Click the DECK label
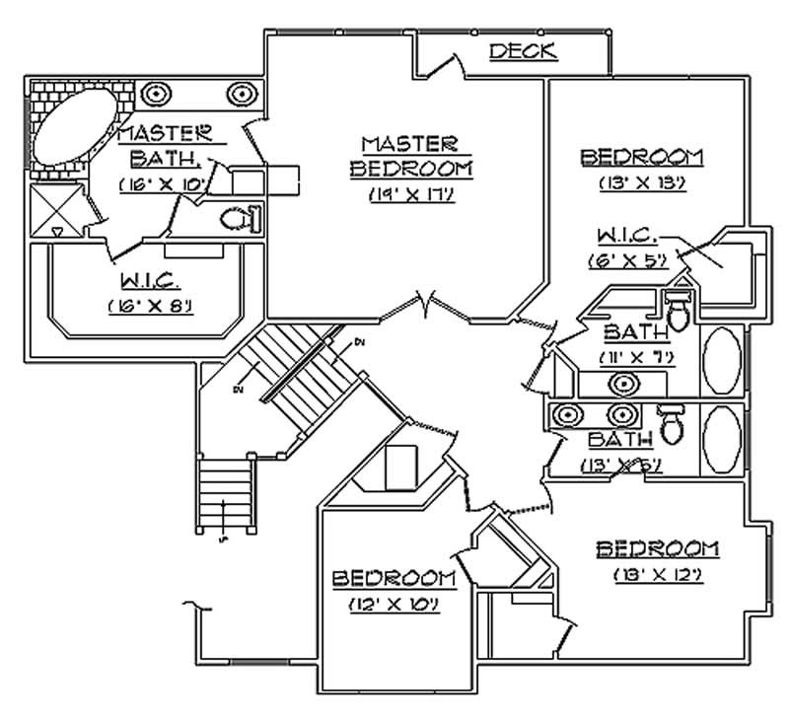(x=523, y=51)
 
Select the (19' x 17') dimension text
(x=410, y=193)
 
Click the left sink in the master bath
(x=156, y=95)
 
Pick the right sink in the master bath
(x=240, y=95)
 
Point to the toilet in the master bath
(x=237, y=218)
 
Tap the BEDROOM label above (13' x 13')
(x=641, y=156)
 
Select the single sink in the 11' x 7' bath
(x=622, y=384)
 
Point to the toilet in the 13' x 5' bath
(x=673, y=425)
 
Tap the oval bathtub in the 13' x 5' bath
(x=723, y=436)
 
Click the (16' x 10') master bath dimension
(x=161, y=184)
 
